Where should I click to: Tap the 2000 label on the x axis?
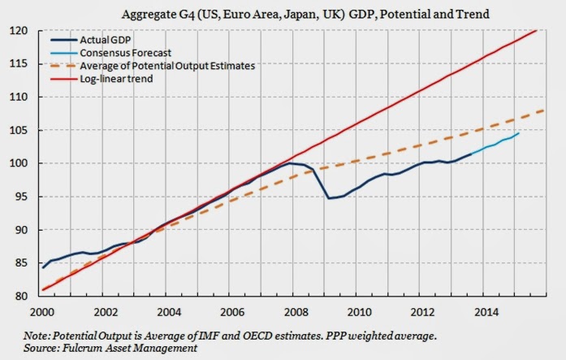tap(42, 310)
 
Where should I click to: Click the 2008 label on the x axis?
tap(291, 310)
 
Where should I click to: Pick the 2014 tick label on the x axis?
tap(477, 310)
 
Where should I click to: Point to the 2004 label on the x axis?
tap(166, 310)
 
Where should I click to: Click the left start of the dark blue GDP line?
tap(42, 267)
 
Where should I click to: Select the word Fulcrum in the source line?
tap(95, 348)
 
